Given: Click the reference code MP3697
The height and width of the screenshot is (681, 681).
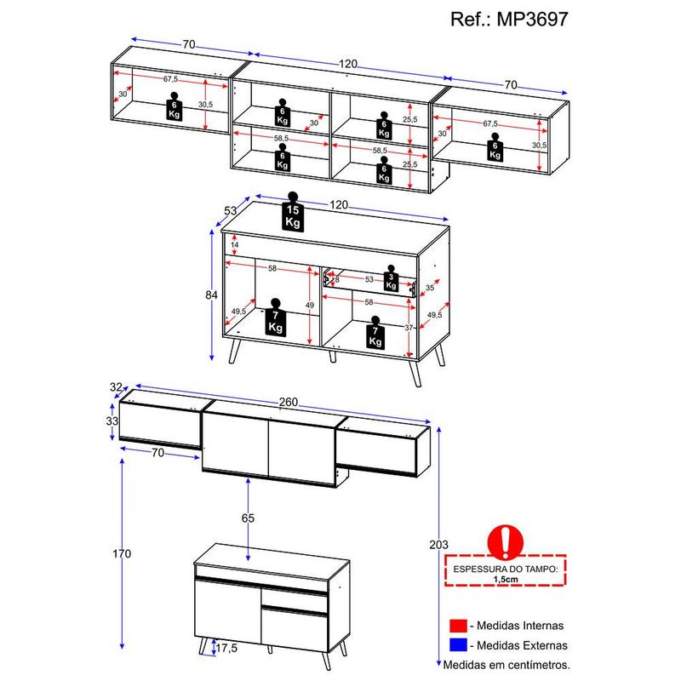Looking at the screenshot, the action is coord(532,19).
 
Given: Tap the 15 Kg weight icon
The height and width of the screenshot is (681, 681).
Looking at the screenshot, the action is coord(293,211).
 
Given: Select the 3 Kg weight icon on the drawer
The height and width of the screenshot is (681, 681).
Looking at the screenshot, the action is coord(391,278).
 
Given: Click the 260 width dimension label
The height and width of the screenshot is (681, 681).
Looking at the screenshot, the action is coord(289,402).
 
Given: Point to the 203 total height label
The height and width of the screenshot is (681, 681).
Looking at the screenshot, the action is coord(438,545).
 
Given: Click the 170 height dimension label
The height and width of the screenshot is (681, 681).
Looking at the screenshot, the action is coord(122,554).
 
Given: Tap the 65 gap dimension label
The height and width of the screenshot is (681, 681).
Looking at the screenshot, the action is coord(248,518).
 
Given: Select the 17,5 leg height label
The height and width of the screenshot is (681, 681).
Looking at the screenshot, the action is coord(226,648).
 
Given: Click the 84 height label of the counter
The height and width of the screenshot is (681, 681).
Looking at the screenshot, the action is coord(211,295).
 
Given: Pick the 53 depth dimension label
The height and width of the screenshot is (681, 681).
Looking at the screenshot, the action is coord(230,210).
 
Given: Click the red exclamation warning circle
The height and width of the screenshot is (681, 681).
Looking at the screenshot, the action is coord(506,541).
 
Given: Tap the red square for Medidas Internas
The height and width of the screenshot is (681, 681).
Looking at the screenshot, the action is coord(458,626).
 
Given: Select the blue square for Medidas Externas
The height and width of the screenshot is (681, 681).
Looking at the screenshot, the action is coord(458,645).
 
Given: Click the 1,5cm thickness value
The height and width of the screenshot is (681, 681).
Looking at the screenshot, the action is coord(506,580).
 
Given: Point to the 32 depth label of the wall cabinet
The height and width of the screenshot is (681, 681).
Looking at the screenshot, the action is coord(116,386).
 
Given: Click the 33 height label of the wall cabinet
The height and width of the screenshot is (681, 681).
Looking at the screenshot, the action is coord(112,421).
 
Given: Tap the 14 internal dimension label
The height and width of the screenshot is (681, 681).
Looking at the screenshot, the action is coord(235,245).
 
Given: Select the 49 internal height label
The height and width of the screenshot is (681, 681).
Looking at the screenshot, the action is coord(309,306).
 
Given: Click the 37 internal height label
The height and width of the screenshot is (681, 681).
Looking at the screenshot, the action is coord(409,328).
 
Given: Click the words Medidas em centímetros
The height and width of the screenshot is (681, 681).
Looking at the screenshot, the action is coord(506,665).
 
